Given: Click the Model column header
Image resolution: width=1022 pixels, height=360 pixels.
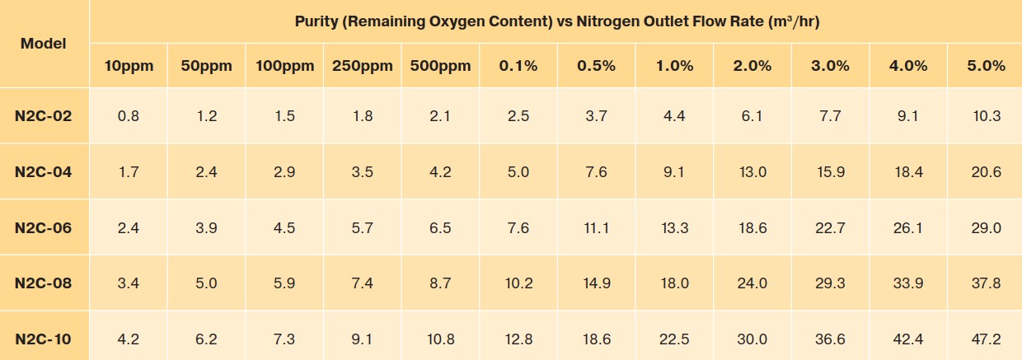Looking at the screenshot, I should [43, 43].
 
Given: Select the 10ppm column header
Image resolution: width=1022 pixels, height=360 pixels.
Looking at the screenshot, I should [129, 66].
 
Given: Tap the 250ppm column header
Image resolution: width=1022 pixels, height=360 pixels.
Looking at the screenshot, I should [362, 66].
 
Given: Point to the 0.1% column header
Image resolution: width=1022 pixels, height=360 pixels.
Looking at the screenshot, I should [518, 66].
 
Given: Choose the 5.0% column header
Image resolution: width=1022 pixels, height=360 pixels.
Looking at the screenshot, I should [986, 66].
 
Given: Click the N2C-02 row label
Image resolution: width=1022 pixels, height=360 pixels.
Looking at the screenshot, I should [43, 116].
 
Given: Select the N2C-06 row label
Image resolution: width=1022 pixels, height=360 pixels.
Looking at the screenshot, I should [43, 227].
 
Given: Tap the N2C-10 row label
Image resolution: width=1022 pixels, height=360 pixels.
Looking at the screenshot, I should [43, 339].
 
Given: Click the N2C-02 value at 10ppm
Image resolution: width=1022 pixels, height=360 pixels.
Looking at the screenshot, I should [129, 116].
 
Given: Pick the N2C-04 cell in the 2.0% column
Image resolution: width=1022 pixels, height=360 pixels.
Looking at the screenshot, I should [752, 172].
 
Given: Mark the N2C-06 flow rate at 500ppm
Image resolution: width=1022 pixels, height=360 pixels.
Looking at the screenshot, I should [440, 227].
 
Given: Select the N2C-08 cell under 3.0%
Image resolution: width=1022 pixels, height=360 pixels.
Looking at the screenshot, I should [830, 283].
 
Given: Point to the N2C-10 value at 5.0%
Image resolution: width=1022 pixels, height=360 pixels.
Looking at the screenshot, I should [986, 339].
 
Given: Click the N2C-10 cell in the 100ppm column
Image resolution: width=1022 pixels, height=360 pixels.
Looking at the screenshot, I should [284, 339].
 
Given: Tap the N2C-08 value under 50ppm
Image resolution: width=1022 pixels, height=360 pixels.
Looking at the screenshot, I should [206, 283].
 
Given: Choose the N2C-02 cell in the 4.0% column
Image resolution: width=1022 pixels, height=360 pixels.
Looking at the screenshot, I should [907, 116].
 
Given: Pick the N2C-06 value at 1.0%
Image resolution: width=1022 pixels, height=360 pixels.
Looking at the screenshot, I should [674, 227].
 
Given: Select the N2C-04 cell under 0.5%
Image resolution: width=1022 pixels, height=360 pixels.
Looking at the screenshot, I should [596, 172].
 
